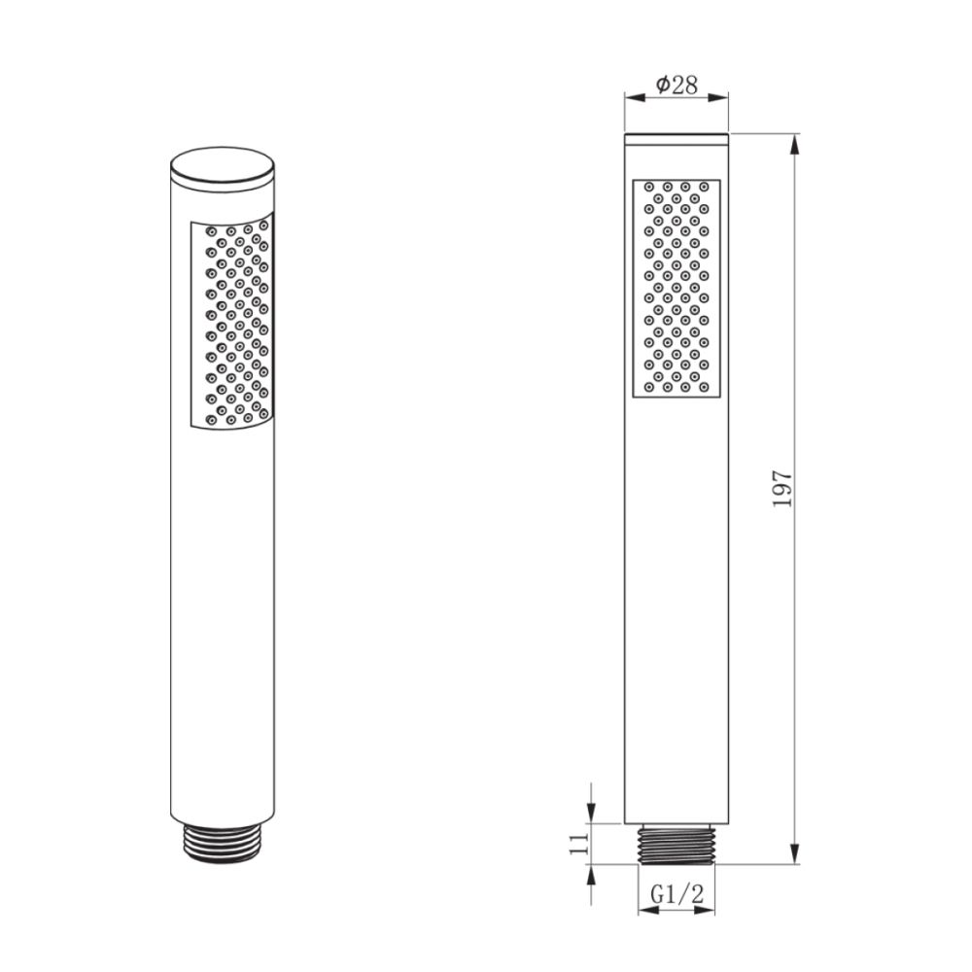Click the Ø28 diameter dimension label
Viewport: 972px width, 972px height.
pyautogui.click(x=677, y=85)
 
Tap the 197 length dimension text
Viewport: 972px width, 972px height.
pyautogui.click(x=784, y=488)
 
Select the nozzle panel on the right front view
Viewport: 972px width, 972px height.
pyautogui.click(x=677, y=288)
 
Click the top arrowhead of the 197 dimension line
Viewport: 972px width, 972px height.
pyautogui.click(x=796, y=143)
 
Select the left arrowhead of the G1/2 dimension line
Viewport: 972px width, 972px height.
pyautogui.click(x=643, y=912)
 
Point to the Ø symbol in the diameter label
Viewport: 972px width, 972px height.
pyautogui.click(x=661, y=85)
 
